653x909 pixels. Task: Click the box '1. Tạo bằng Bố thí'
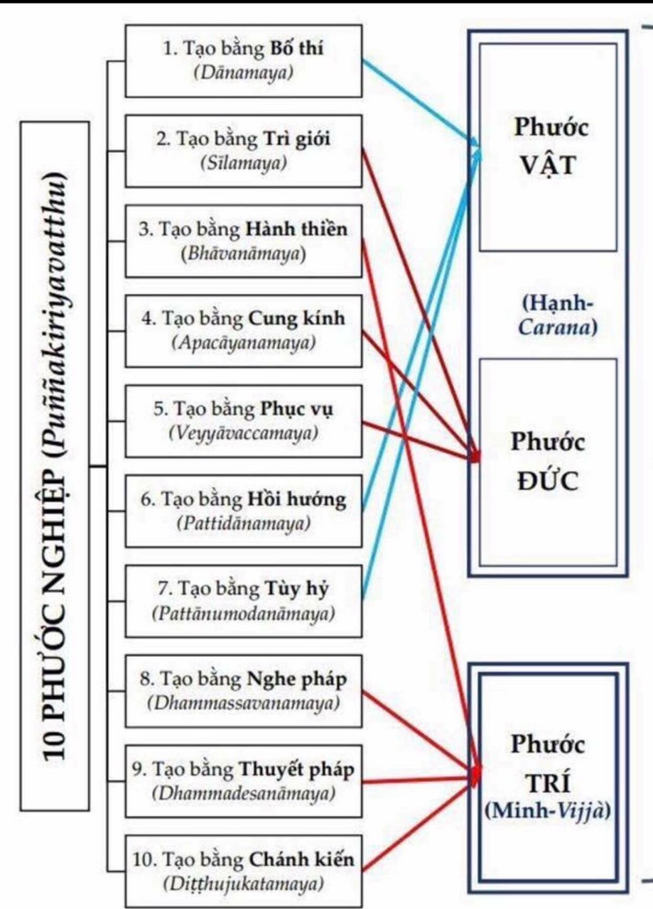coord(244,60)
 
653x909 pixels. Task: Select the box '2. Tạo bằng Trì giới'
coord(244,150)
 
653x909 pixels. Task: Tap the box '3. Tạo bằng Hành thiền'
coord(244,241)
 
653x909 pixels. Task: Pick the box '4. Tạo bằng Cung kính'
coord(244,330)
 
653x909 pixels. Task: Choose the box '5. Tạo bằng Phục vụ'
coord(244,420)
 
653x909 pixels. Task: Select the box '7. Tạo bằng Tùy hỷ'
coord(244,601)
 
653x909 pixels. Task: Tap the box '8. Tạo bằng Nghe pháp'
coord(244,691)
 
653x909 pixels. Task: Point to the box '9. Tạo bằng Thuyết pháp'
coord(244,780)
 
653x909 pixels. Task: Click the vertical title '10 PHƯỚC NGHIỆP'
coord(55,465)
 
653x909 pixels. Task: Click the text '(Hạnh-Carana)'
coord(558,315)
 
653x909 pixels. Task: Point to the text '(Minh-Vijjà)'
coord(548,811)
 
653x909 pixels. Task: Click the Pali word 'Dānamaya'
coord(244,72)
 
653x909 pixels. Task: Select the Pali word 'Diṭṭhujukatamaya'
coord(244,884)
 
